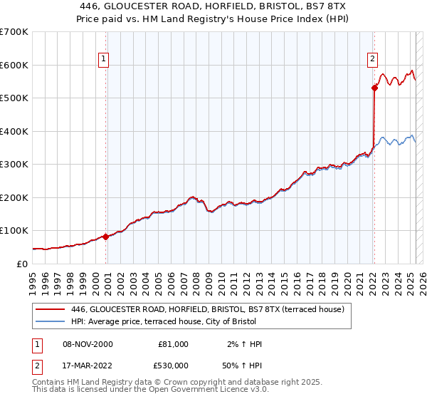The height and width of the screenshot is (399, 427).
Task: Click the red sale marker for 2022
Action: pos(374,88)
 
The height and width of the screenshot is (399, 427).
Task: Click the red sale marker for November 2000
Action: pos(106,237)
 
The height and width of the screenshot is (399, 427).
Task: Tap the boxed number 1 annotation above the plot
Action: pos(104,59)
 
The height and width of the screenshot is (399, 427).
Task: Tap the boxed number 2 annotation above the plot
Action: pos(372,59)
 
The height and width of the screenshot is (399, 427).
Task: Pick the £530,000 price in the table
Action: pos(174,365)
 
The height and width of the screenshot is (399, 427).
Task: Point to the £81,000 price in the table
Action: pos(174,344)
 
